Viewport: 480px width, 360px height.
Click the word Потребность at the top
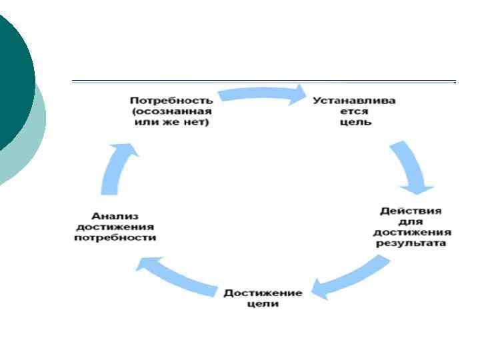[171, 100]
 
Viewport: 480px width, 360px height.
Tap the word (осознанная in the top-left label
[171, 111]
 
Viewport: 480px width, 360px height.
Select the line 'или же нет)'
[171, 123]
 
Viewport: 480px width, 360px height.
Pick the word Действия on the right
[411, 210]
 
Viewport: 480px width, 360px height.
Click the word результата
[411, 243]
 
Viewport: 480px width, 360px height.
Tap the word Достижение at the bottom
[263, 293]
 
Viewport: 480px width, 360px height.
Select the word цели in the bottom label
[262, 304]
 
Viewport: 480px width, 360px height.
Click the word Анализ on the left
[115, 215]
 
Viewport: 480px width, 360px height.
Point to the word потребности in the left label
[115, 238]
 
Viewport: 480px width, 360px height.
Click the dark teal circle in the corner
[13, 73]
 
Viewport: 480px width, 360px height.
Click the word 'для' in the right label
[411, 221]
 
